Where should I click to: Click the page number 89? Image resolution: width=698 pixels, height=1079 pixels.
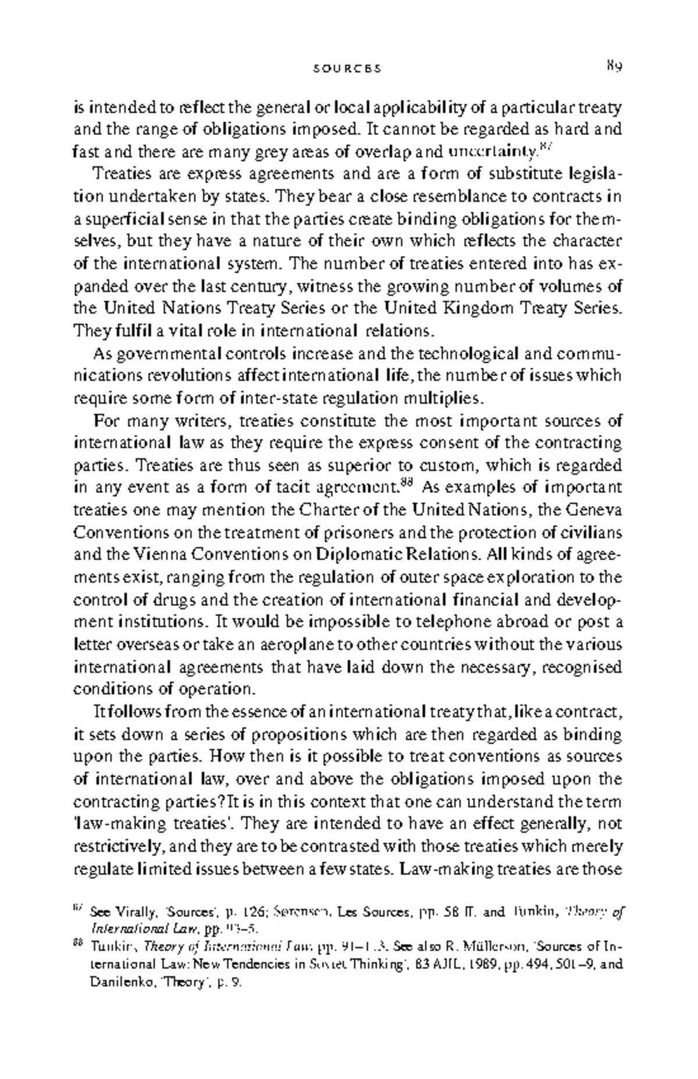614,66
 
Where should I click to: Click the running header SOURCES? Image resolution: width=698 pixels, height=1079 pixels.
347,69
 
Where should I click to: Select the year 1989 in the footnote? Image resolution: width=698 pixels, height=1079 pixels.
482,964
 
